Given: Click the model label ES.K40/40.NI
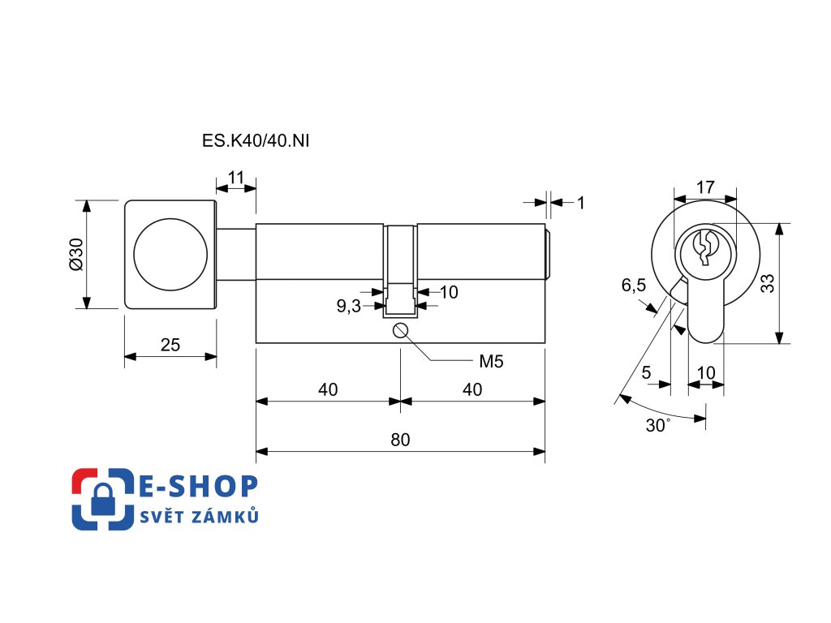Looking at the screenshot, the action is (x=256, y=141).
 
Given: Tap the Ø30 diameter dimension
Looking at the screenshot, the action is (x=77, y=254).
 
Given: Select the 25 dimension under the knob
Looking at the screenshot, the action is (x=170, y=345).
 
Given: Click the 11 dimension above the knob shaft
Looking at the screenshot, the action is (x=236, y=177).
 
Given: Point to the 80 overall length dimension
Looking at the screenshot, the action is (x=400, y=440).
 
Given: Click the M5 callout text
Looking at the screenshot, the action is (x=491, y=362).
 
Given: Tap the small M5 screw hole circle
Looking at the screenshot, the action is (x=400, y=331).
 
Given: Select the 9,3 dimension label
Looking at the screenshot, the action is (x=349, y=306).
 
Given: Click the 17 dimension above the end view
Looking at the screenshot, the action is (x=705, y=187).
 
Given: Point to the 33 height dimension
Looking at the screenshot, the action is (x=767, y=283).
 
